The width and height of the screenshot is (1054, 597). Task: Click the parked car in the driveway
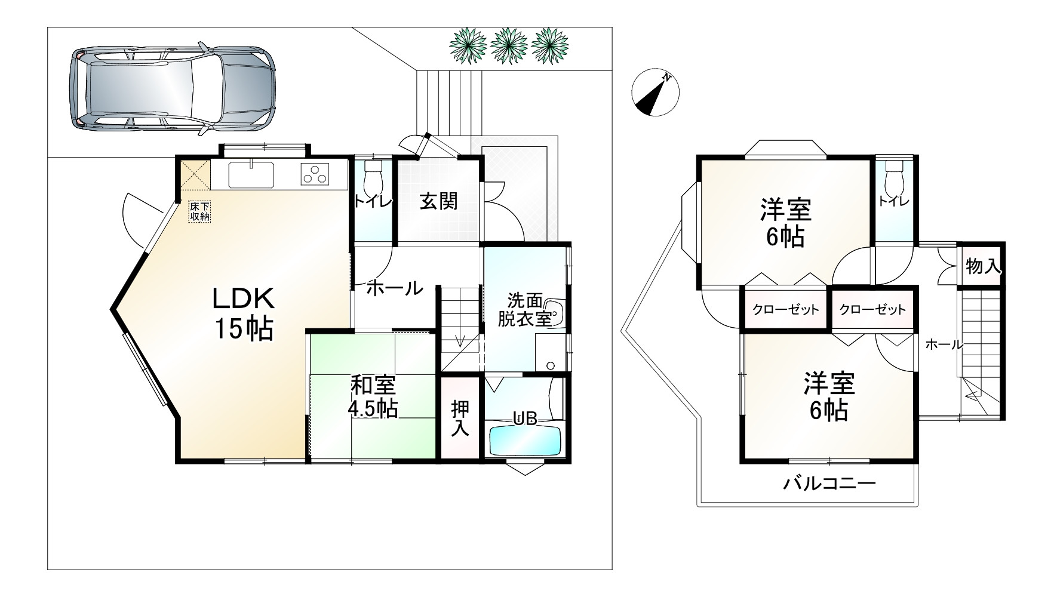click(173, 89)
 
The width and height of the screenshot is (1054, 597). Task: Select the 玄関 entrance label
click(438, 202)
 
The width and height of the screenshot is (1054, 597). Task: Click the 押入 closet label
click(460, 418)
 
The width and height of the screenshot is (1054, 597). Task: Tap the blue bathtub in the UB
click(526, 440)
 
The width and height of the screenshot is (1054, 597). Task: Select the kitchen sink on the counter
click(251, 174)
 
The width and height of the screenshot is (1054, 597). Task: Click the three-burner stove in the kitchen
click(315, 174)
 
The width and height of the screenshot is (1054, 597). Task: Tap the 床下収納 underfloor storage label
click(200, 211)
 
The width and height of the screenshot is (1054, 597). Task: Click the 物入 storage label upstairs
click(983, 266)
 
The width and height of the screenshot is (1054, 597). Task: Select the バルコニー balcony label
click(829, 483)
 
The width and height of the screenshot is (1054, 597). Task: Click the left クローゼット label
click(785, 309)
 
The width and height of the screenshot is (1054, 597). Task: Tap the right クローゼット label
click(872, 309)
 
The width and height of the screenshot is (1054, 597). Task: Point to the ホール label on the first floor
click(394, 288)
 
